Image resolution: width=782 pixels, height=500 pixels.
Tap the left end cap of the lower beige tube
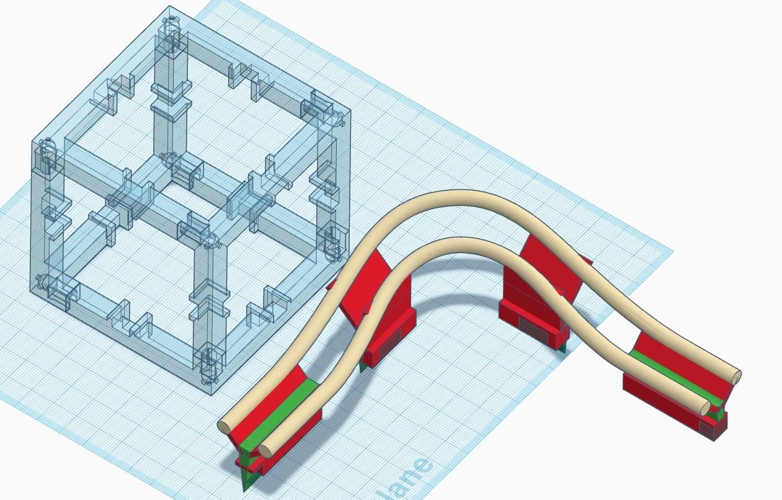(x=265, y=451)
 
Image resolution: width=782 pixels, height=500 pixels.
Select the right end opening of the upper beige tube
(x=736, y=376)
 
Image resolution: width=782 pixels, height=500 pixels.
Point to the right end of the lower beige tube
(x=705, y=408)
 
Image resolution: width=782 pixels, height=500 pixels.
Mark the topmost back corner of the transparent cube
(x=170, y=7)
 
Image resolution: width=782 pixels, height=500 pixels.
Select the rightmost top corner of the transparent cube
(x=350, y=112)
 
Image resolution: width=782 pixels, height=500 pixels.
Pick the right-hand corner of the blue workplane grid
(x=672, y=252)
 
